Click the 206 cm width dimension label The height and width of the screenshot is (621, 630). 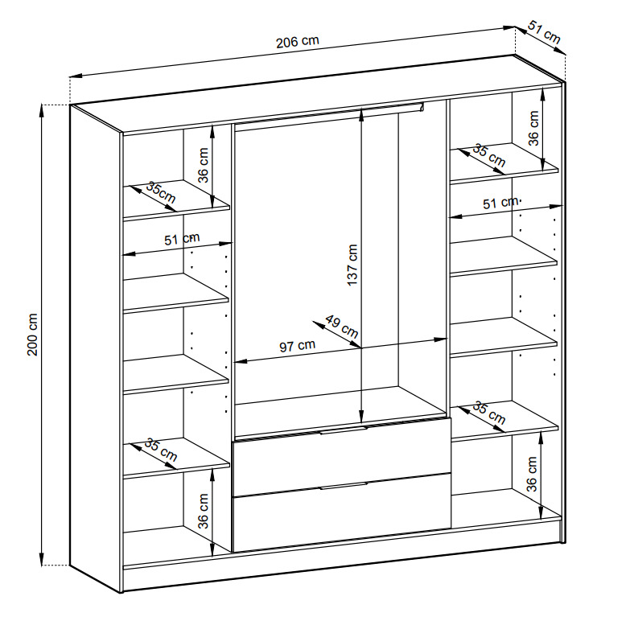tap(298, 41)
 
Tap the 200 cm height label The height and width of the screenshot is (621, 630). tap(32, 334)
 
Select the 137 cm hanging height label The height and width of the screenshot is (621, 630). tap(352, 265)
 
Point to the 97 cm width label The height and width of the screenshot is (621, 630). tap(298, 345)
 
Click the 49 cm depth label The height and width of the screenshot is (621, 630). tap(342, 327)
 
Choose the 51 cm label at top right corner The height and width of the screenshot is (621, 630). tap(544, 32)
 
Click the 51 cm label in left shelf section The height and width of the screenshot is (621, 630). tap(182, 239)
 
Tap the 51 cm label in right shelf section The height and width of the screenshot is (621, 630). tap(500, 203)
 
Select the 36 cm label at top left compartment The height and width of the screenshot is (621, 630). tap(204, 165)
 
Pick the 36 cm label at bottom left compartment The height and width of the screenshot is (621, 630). tap(204, 511)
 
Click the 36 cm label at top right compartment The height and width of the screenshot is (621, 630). tap(533, 128)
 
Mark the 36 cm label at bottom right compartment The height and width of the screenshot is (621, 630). tap(532, 474)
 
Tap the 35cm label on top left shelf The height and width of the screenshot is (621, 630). tap(161, 192)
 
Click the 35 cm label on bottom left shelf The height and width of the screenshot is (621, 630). tap(161, 450)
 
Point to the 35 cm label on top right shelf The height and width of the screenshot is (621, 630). tap(489, 155)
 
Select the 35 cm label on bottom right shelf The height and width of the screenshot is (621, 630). tap(489, 413)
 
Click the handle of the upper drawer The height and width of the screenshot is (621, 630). tap(344, 430)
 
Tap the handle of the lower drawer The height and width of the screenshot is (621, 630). tap(344, 486)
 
